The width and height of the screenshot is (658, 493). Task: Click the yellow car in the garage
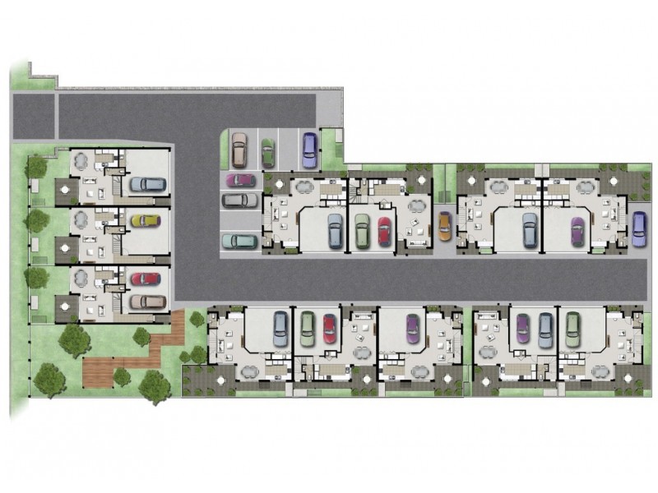(x=146, y=220)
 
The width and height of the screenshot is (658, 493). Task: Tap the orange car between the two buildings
(x=444, y=227)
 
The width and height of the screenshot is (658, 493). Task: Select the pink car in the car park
(x=239, y=179)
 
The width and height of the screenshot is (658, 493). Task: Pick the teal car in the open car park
(x=239, y=241)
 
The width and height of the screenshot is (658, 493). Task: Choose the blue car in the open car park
(x=308, y=149)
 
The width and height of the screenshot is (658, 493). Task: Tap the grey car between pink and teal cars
(x=239, y=200)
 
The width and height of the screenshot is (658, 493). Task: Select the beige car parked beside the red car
(x=147, y=301)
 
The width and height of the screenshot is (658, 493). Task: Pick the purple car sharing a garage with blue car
(x=523, y=329)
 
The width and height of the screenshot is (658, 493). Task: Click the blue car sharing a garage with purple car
(x=546, y=329)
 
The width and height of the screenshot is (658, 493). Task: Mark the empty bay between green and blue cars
(x=287, y=149)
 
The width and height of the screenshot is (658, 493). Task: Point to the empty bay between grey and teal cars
(x=239, y=220)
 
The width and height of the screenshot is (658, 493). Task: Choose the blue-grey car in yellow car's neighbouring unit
(x=147, y=184)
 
